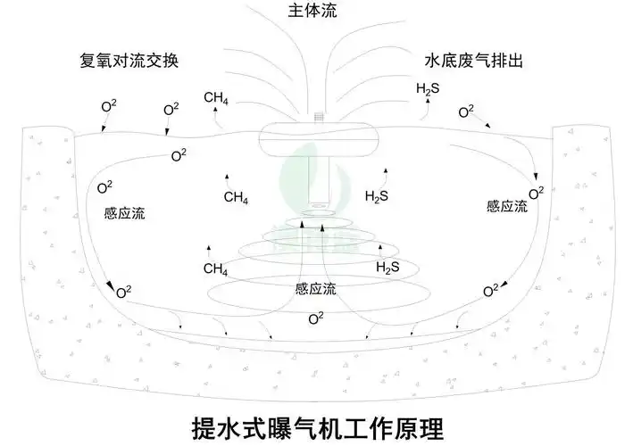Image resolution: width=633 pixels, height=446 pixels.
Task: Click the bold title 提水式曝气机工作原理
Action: coord(317,424)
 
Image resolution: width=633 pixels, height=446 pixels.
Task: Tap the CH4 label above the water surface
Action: coord(216,99)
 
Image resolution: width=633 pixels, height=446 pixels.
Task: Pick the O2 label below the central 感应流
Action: coord(315,318)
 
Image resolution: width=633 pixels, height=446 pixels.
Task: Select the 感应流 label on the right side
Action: coord(506,205)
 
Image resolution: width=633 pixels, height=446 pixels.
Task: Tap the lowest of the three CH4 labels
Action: coord(216,268)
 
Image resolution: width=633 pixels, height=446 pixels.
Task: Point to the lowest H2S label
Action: coord(387,267)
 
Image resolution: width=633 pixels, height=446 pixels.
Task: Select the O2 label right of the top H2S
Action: coord(466,112)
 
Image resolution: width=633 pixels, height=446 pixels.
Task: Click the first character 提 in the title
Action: coord(204,424)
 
